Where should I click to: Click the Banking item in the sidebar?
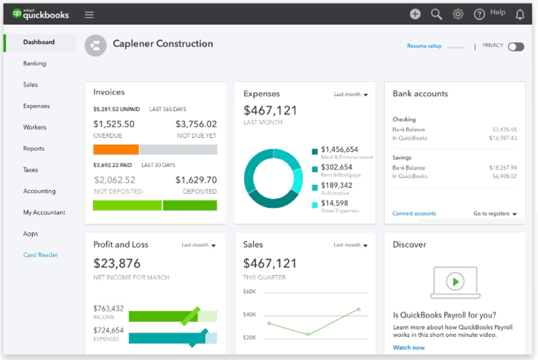point(34,63)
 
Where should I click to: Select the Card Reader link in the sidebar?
point(40,255)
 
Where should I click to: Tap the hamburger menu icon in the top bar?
point(89,14)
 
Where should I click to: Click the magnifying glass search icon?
point(436,14)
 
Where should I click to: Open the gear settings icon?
point(458,14)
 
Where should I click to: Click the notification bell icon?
point(520,14)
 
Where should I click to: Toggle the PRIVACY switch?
point(516,47)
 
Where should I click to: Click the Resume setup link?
point(424,46)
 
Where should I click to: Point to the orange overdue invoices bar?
point(116,150)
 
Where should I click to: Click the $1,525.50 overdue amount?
point(114,124)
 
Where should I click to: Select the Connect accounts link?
point(414,213)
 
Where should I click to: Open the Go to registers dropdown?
point(495,213)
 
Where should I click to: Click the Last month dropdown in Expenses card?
point(351,94)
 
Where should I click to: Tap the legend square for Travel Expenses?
point(314,205)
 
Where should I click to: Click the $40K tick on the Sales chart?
point(249,314)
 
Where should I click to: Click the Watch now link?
point(409,347)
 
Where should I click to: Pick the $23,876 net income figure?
point(117,263)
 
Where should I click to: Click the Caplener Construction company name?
point(163,44)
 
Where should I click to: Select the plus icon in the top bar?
point(415,14)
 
